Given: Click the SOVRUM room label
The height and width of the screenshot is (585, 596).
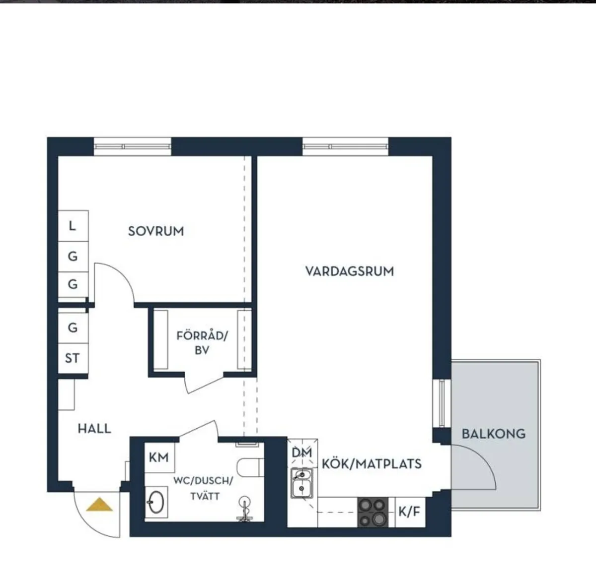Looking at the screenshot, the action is (156, 231).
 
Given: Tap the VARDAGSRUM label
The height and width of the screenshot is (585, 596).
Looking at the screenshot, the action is (350, 271).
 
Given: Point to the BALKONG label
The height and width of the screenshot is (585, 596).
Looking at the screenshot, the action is (494, 434).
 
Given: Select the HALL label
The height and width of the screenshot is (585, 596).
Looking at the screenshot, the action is (94, 429).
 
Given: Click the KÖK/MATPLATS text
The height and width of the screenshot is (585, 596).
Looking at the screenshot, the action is (372, 464).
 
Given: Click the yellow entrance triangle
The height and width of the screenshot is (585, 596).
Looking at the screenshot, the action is (99, 505).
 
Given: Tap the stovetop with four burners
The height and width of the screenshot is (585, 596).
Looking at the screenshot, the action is (372, 513).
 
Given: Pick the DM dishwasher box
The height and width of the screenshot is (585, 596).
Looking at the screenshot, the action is (302, 453).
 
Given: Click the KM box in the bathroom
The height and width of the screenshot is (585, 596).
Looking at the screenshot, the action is (159, 457).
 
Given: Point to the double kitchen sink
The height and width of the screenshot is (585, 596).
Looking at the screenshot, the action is (302, 483).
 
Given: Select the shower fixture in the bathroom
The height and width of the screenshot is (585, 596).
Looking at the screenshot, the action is (245, 509).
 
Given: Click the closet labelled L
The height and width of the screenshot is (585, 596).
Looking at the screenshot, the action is (74, 226).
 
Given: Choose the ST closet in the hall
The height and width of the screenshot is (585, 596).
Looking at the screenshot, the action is (74, 358).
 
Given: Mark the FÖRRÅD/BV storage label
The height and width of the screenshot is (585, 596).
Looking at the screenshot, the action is (202, 343).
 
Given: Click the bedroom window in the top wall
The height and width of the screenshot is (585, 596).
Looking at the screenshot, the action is (133, 146).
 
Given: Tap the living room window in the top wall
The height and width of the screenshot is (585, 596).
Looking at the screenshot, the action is (346, 146).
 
